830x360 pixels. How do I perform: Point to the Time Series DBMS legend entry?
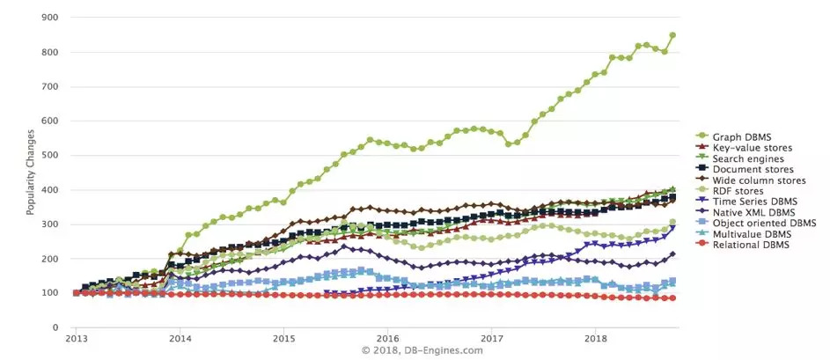click(748, 202)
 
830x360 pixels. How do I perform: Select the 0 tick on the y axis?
click(55, 327)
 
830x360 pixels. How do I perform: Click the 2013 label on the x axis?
click(76, 339)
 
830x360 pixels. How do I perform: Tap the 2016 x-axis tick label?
click(387, 339)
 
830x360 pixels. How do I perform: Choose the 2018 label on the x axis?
click(596, 339)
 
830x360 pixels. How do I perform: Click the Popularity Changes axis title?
click(30, 172)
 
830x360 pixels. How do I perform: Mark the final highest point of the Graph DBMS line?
click(672, 35)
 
